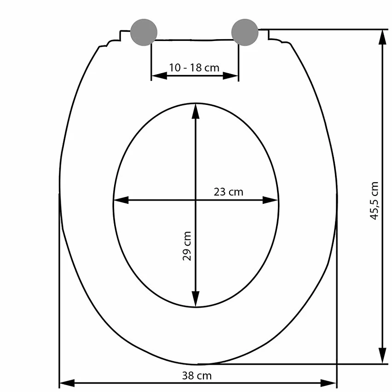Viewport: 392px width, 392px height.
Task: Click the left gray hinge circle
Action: point(144,32)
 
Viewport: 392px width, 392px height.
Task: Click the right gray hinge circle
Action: point(245,32)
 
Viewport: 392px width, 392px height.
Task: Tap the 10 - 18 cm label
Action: point(194,68)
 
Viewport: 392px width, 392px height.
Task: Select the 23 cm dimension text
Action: point(228,192)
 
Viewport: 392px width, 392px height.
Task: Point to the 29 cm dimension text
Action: point(187,246)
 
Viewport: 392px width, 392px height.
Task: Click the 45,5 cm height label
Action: point(374,201)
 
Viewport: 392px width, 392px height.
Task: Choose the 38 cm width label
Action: point(197,376)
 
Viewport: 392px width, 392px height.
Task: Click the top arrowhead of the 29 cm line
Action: point(196,111)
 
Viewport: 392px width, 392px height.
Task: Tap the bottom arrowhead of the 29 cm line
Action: point(196,299)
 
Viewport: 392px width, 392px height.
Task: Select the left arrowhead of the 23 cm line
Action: point(121,200)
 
